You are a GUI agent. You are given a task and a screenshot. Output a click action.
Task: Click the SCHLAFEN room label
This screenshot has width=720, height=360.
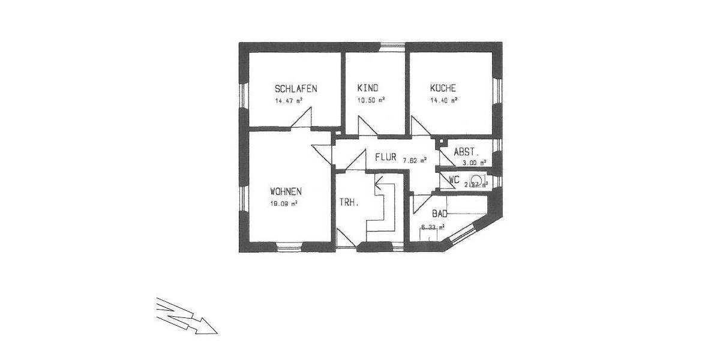pos(295,88)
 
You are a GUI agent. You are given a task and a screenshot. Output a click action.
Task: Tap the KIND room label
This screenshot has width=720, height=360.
pos(367,88)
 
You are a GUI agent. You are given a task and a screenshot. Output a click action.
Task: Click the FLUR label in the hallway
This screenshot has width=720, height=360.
pos(386,158)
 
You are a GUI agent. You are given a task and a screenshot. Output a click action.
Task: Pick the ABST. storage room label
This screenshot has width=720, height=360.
pos(466,152)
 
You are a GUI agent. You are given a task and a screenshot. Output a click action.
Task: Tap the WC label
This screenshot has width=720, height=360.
pos(454,179)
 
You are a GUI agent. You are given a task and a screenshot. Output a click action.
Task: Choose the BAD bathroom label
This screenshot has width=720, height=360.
pos(440,213)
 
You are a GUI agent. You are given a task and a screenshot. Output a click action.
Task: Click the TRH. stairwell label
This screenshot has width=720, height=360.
pos(349,203)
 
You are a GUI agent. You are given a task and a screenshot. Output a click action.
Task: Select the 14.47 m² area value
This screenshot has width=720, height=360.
pos(289,100)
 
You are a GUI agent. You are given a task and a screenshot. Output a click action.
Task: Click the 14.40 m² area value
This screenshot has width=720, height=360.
pos(443,100)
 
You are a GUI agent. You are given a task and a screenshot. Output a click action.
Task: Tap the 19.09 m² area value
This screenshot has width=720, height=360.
pos(284,203)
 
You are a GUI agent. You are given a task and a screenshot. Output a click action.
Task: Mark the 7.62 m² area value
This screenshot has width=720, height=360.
pos(414,160)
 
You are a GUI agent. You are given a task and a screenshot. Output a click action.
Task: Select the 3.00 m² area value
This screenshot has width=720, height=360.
pos(473,162)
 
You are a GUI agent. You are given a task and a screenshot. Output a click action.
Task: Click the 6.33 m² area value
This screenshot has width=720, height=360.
pos(433,227)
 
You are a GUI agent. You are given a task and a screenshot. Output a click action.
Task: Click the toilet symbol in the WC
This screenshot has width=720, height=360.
pos(476,179)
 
